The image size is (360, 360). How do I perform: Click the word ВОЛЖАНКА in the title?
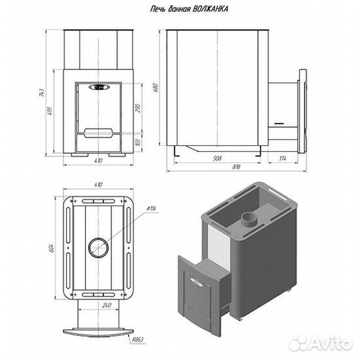(210, 9)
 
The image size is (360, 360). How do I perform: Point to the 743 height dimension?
(41, 93)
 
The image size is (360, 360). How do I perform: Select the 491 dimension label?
(50, 111)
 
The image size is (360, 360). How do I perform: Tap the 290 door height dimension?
(138, 108)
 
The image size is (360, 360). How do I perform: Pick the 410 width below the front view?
(98, 161)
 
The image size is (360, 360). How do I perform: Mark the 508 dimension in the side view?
(217, 158)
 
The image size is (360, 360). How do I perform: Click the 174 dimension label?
(283, 158)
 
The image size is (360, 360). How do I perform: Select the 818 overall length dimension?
(236, 167)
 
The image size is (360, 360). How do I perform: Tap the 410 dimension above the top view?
(98, 185)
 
